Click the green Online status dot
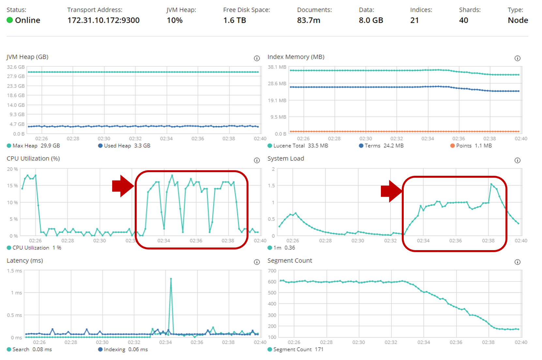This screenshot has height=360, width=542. [x=10, y=20]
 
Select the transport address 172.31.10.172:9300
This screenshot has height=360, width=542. [x=103, y=20]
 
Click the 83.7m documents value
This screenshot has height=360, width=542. [x=309, y=20]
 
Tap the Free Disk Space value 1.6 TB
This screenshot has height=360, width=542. [x=234, y=20]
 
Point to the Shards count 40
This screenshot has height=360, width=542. [x=463, y=20]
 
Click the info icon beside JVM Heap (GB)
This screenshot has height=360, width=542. [x=257, y=58]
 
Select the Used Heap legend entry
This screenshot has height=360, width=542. [x=124, y=146]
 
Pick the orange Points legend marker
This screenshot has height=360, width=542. [x=453, y=146]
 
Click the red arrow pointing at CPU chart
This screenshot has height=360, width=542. [x=123, y=186]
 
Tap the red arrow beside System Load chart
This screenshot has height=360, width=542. [x=391, y=191]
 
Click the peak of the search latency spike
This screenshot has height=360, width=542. [x=171, y=279]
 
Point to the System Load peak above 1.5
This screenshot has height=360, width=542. [x=491, y=184]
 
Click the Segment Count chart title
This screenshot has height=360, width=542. [x=290, y=261]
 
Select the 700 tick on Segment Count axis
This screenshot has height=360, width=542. [x=272, y=271]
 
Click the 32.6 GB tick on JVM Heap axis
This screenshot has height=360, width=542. [x=16, y=67]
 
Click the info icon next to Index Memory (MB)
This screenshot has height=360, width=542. [x=518, y=58]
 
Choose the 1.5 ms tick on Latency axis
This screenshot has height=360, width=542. [x=15, y=271]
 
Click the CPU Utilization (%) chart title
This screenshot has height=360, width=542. [x=33, y=158]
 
